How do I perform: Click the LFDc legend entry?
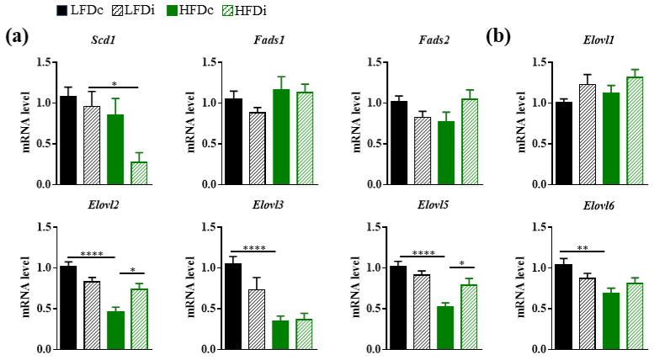click(x=75, y=10)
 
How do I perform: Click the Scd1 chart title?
click(x=103, y=40)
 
